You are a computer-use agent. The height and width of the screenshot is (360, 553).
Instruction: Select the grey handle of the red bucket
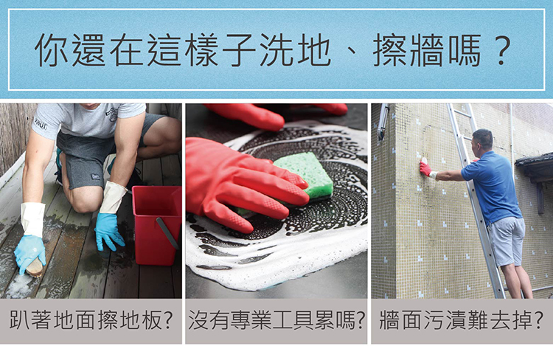tap(167, 232)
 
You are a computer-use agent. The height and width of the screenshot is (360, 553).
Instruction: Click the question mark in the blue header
tap(501, 49)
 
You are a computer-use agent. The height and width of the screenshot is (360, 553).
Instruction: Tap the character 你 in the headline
tap(52, 49)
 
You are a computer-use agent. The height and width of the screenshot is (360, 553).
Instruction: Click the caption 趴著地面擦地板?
tap(91, 320)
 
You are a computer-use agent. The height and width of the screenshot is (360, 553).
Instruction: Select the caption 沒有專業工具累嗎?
tap(276, 320)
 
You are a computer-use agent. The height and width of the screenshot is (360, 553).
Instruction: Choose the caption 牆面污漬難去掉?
tap(461, 320)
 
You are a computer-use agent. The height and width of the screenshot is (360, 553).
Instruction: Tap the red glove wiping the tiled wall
tap(426, 168)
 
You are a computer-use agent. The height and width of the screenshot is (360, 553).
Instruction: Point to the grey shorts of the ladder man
tap(506, 240)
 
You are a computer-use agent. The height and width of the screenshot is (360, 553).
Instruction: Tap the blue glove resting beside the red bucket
tap(109, 232)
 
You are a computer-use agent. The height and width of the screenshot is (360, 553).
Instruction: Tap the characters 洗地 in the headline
tap(296, 49)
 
